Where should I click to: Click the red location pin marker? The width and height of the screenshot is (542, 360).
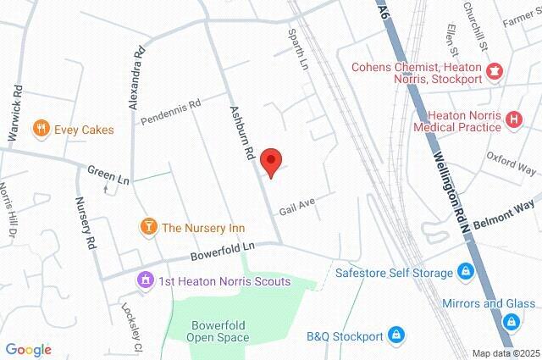pyautogui.click(x=270, y=162)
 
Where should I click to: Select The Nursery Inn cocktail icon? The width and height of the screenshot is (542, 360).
pyautogui.click(x=148, y=227)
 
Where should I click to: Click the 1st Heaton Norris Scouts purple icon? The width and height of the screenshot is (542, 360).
pyautogui.click(x=145, y=280)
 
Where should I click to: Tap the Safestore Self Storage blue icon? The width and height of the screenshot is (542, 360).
pyautogui.click(x=464, y=272)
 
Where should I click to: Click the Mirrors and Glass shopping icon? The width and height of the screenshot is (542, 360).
pyautogui.click(x=511, y=321)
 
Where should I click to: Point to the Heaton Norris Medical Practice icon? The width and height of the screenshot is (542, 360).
pyautogui.click(x=512, y=119)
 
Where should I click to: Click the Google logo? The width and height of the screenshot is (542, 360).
pyautogui.click(x=28, y=349)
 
